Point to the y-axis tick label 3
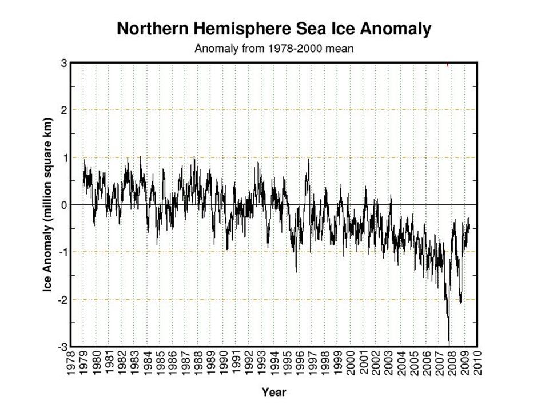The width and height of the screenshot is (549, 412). pos(63,62)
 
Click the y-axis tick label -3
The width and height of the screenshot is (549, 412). pos(61,347)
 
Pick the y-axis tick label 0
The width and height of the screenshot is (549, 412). pos(63,205)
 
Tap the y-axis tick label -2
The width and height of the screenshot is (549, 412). pos(61,299)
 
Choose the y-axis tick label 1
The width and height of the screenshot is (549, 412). pos(63,157)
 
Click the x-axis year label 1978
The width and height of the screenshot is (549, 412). pos(70,363)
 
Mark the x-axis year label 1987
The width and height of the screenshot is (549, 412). pos(185,363)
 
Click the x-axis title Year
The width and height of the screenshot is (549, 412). pos(273,393)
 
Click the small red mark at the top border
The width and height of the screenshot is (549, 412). pos(447,65)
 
